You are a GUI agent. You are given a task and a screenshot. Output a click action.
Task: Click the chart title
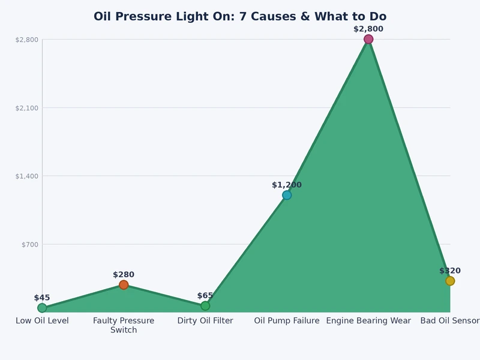240,17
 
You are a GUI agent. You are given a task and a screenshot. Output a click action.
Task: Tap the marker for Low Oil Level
42,308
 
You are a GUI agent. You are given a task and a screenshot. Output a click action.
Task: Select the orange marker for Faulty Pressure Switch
124,285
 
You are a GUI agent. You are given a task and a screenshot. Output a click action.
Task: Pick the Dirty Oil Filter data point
205,306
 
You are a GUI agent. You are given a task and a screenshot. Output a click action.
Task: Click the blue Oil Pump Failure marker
287,195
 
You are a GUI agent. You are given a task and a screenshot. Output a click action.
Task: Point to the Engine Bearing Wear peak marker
368,40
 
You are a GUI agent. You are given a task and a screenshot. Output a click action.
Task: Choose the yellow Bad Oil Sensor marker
450,281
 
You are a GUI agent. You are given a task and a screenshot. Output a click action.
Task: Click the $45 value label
42,298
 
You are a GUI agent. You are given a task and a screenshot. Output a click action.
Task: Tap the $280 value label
124,275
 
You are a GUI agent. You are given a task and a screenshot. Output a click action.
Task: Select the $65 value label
205,296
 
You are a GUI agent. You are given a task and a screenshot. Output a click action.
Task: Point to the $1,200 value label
287,185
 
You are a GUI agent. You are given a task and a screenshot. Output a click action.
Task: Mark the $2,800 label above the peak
368,29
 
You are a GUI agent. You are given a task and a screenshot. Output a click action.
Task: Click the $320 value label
450,271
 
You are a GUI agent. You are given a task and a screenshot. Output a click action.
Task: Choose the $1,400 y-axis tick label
27,176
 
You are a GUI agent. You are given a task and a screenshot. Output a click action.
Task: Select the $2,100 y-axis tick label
27,108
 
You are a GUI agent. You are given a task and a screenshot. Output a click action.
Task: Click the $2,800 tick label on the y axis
27,40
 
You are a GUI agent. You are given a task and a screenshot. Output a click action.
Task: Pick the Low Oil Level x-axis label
42,321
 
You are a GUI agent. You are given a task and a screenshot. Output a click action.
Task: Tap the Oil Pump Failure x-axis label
287,321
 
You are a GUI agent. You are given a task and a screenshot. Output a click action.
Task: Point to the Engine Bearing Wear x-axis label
368,321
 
